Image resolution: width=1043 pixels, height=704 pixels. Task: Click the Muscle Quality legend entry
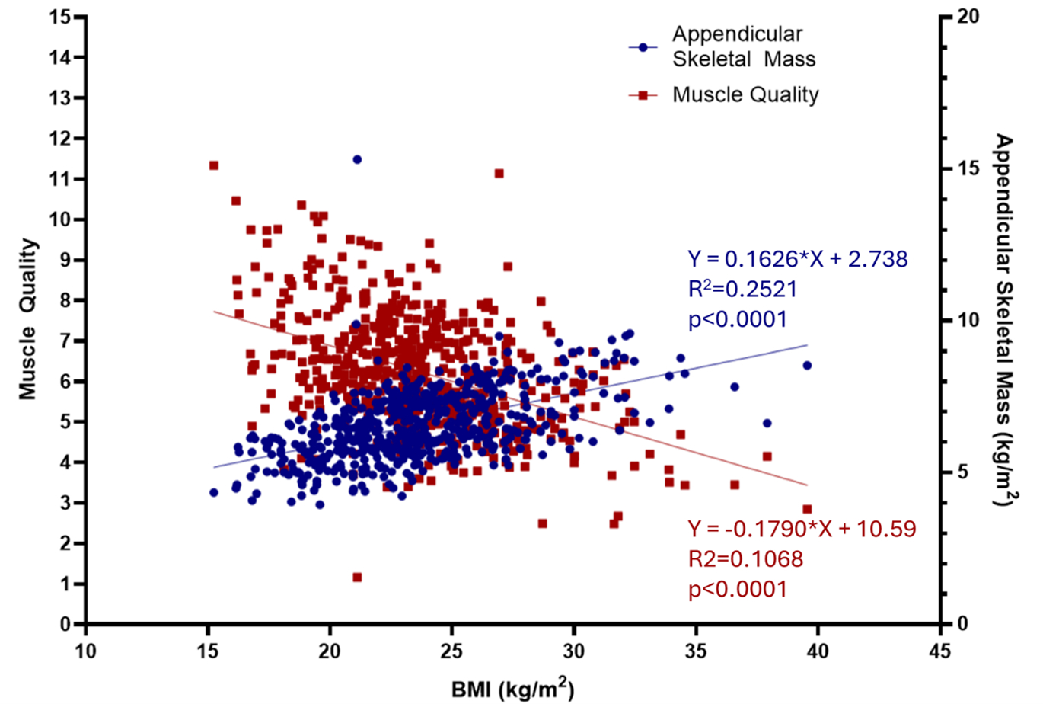pos(745,94)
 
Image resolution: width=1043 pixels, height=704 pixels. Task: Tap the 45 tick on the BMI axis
pos(940,651)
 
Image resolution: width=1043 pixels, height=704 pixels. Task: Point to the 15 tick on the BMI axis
pos(208,651)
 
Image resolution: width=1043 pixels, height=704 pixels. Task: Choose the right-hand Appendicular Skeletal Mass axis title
pos(1006,320)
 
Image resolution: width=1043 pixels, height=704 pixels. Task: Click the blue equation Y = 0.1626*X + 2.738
pos(798,259)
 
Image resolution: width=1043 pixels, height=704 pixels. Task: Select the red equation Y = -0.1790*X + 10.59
pos(802,529)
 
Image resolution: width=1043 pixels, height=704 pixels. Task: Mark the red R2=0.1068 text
pos(745,559)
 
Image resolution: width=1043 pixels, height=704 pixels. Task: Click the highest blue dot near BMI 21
pos(357,159)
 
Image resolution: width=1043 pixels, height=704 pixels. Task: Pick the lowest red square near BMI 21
pos(357,578)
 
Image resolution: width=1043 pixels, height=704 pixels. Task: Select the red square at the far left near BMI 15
pos(214,165)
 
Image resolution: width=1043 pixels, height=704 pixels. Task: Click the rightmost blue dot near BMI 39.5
pos(807,366)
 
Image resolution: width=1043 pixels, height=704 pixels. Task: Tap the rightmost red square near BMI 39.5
pos(807,509)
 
